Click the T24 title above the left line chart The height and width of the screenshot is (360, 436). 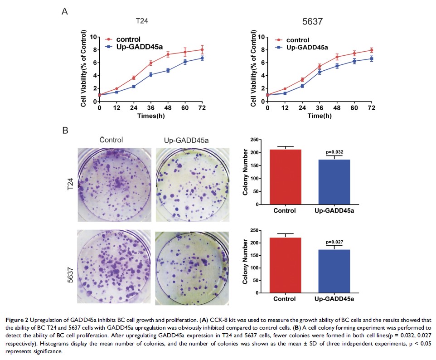click(142, 21)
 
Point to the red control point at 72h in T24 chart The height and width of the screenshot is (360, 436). click(202, 50)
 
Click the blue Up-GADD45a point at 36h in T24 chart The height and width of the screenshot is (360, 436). click(151, 75)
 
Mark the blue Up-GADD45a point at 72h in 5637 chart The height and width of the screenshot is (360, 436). click(371, 58)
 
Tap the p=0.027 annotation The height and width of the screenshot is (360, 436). click(334, 243)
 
